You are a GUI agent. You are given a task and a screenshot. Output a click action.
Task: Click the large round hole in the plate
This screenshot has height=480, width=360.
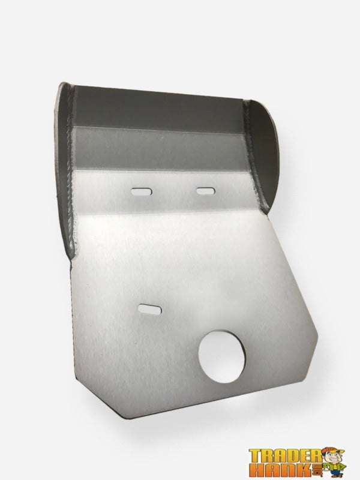221,356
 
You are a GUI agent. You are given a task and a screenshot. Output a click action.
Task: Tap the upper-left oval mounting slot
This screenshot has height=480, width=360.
142,192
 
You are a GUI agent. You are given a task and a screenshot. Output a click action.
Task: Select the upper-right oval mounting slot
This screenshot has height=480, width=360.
205,191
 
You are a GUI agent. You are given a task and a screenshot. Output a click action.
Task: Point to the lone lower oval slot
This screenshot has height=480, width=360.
150,309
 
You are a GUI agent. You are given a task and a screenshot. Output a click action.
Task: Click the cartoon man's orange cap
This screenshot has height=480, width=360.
334,451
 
